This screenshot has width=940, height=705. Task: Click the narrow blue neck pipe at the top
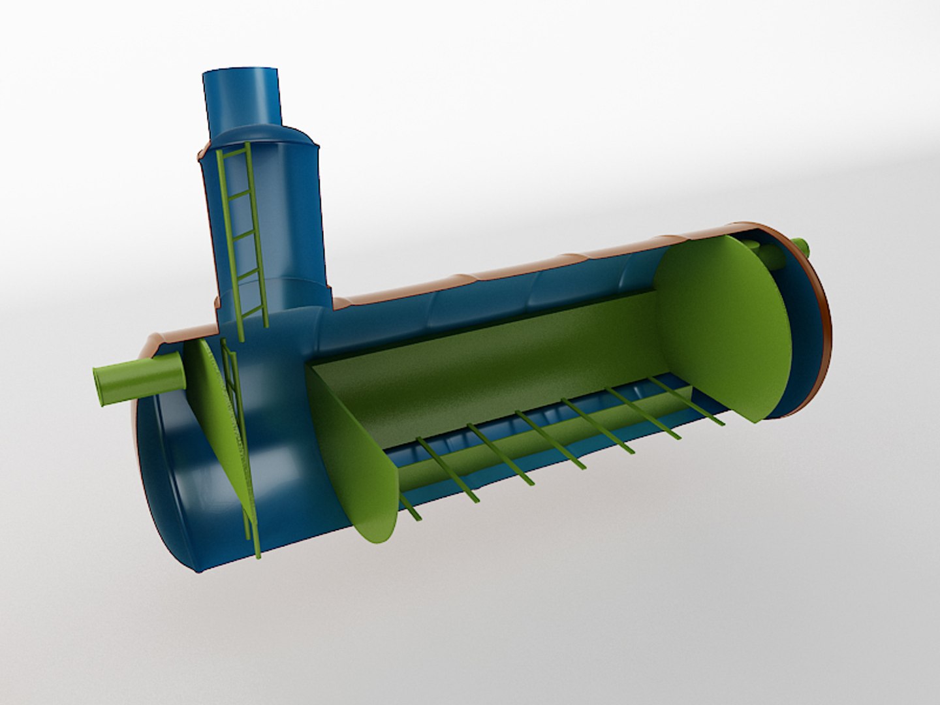click(242, 98)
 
